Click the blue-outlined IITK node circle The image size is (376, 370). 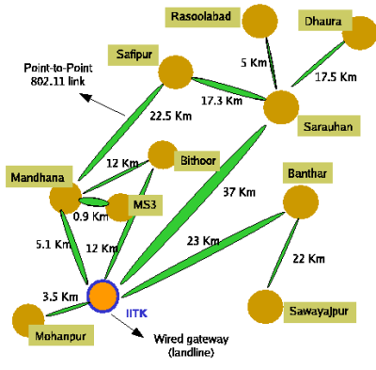coord(102,296)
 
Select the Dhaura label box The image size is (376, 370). coord(325,22)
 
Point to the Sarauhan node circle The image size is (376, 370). coord(280,106)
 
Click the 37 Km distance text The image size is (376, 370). coord(240,192)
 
